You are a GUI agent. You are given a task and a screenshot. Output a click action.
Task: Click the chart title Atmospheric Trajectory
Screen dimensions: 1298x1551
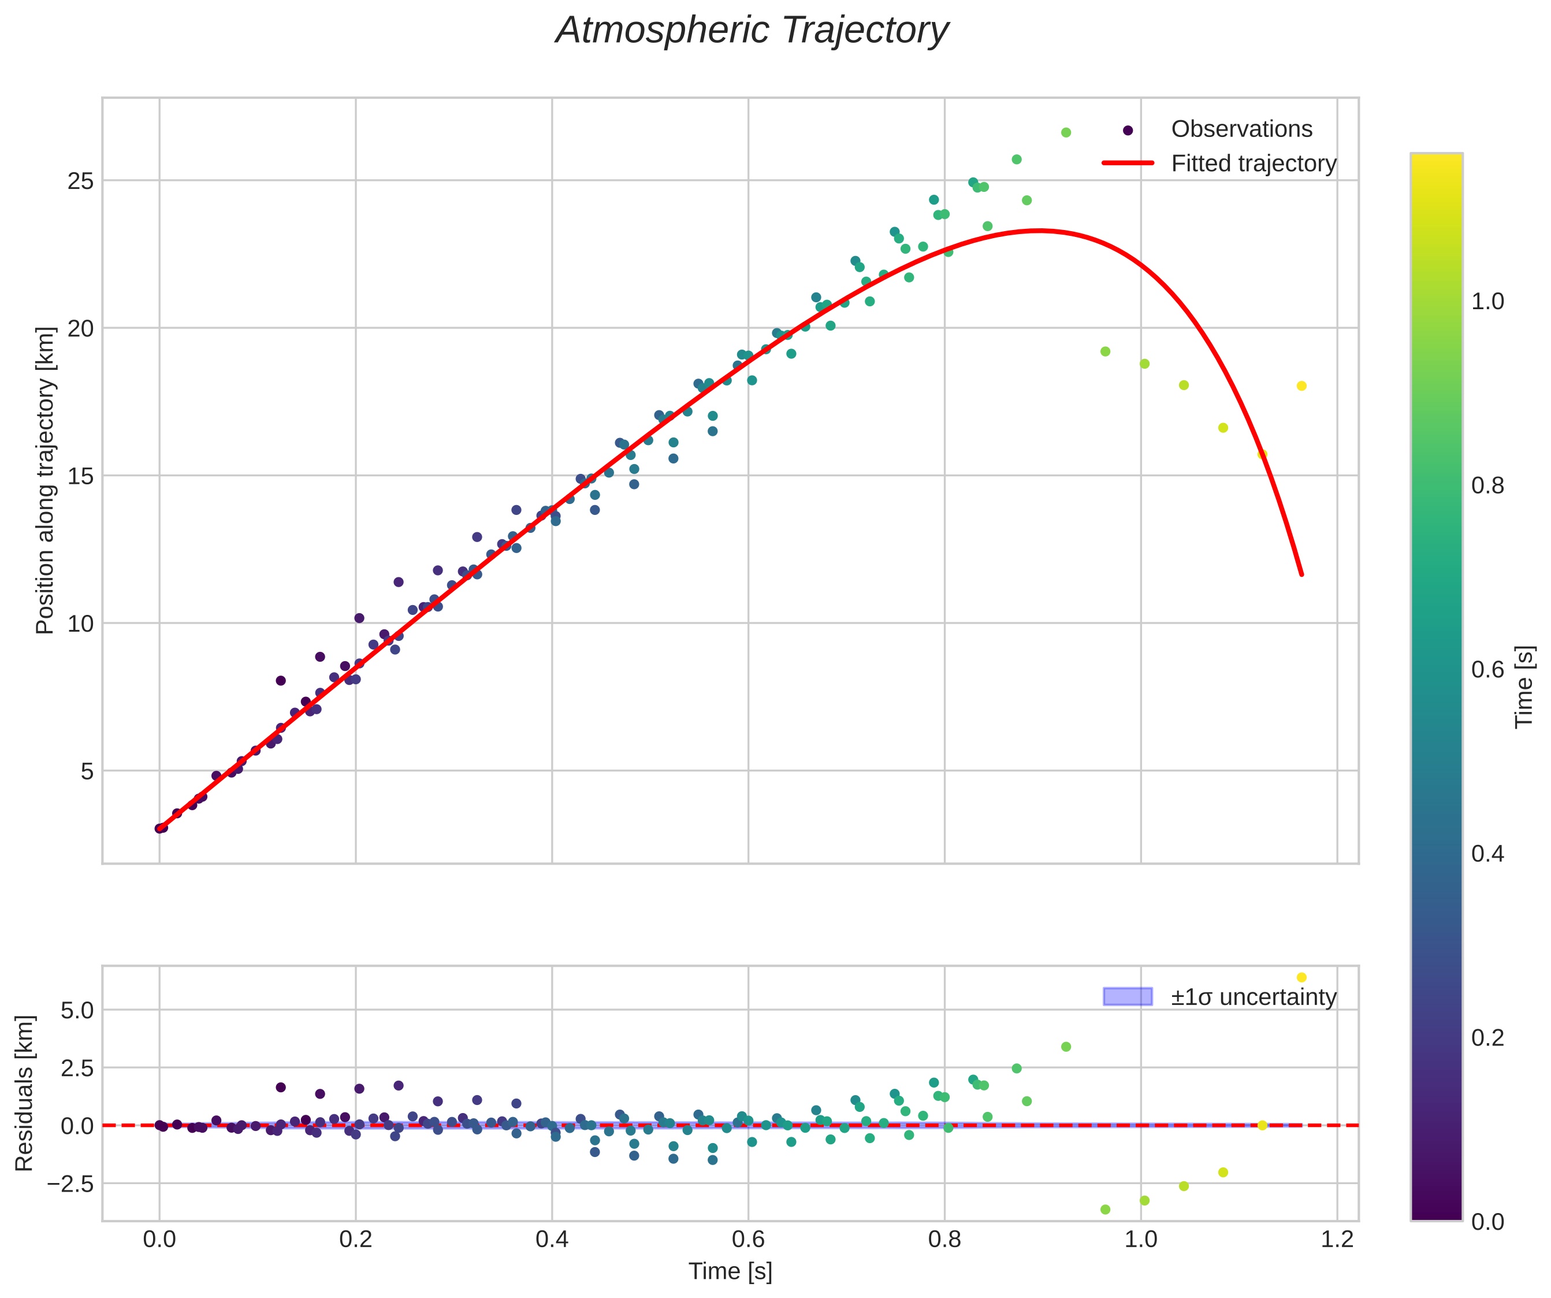tap(752, 31)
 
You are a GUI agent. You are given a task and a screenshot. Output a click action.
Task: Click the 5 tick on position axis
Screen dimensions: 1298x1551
tap(87, 772)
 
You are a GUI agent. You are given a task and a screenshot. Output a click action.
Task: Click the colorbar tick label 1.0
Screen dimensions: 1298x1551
tap(1487, 302)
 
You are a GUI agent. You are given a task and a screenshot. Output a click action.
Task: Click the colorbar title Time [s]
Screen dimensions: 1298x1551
tap(1524, 687)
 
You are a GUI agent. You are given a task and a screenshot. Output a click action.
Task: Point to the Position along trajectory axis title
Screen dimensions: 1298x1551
tap(46, 480)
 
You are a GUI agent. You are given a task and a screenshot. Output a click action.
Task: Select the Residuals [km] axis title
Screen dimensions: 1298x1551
tap(24, 1093)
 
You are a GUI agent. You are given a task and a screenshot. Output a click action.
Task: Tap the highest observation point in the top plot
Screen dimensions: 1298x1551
tap(1066, 133)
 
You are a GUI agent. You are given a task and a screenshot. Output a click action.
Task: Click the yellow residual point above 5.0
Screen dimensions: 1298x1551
tap(1301, 977)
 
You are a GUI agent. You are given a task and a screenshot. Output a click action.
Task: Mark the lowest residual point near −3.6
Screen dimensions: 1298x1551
tap(1105, 1210)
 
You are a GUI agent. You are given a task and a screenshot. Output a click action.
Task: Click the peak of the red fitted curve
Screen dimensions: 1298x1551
tap(1039, 231)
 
